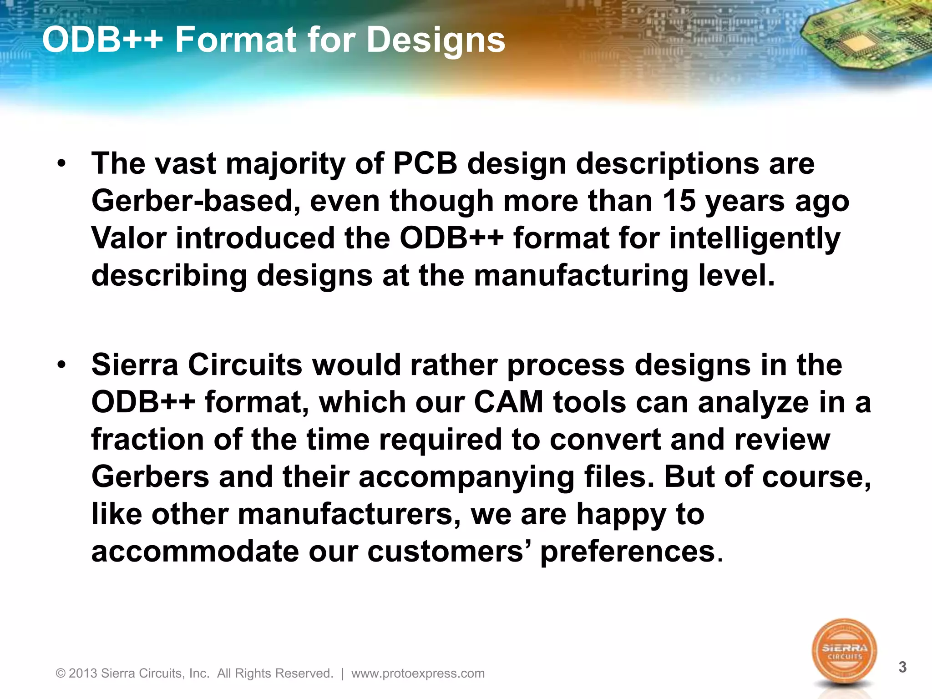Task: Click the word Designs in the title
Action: [x=436, y=41]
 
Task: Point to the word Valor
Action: [x=129, y=238]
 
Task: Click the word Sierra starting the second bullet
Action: [x=135, y=365]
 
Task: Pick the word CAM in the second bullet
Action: [x=508, y=403]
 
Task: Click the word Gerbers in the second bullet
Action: [x=150, y=477]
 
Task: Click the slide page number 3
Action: [x=902, y=668]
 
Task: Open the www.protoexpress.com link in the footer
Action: [x=418, y=674]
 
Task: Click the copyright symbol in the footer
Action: [x=61, y=674]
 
